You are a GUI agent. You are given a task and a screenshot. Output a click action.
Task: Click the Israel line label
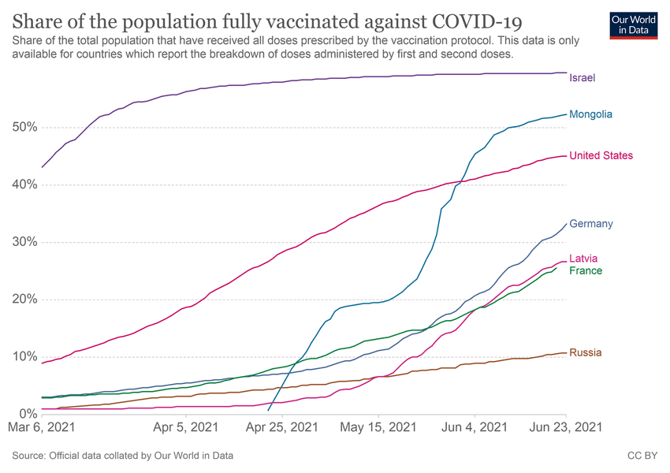[582, 77]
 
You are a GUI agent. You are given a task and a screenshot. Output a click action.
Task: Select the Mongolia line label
[590, 114]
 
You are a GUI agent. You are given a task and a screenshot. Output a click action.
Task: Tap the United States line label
[601, 155]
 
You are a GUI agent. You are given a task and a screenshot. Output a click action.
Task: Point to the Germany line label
[590, 224]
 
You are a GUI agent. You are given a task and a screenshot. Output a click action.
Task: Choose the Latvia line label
[583, 259]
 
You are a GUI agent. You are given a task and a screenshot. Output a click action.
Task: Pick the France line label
[586, 271]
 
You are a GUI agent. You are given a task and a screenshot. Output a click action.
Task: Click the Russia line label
[585, 352]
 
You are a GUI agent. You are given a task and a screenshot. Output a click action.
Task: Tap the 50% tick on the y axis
[26, 128]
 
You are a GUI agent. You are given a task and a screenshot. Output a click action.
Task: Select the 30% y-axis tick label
[26, 242]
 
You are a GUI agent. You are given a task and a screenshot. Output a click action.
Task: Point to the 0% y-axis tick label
[28, 414]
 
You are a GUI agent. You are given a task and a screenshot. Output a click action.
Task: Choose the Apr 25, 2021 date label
[282, 428]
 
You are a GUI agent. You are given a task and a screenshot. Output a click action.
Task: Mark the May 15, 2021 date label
[379, 428]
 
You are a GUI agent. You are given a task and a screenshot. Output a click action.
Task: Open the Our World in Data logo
[635, 24]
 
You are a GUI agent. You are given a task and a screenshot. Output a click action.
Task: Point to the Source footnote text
[122, 456]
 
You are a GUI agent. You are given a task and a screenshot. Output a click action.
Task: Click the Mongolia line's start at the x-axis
[269, 411]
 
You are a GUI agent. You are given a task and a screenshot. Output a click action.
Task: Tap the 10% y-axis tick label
[26, 356]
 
